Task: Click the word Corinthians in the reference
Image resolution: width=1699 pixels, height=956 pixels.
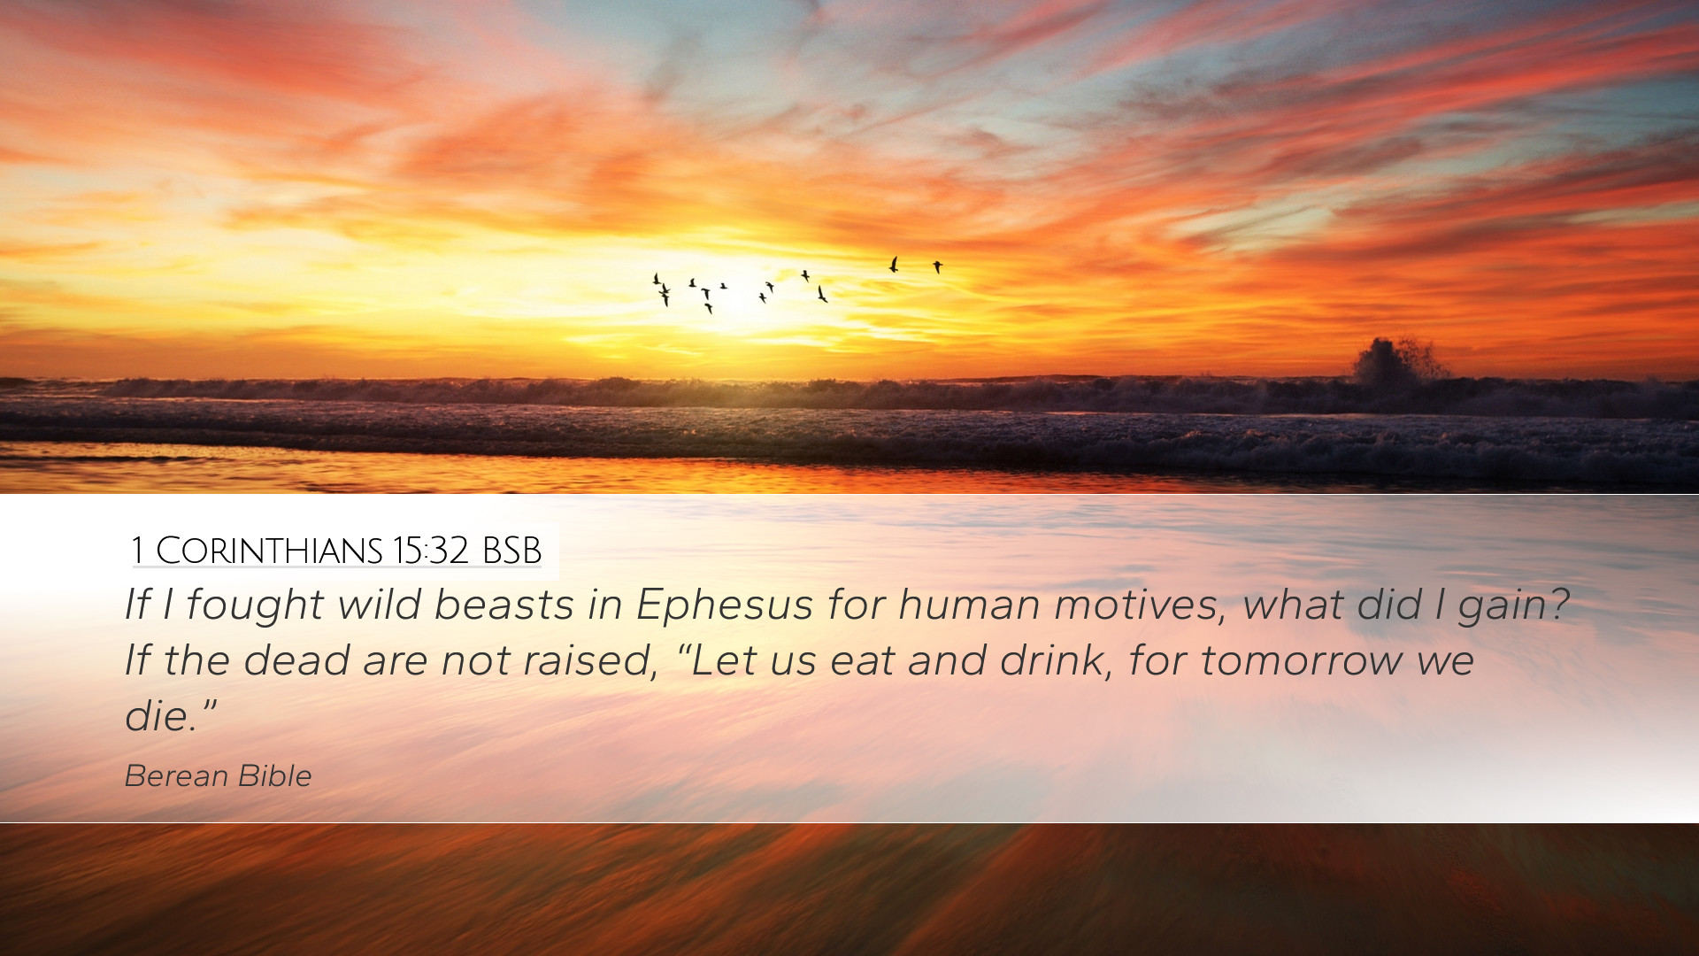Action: (269, 551)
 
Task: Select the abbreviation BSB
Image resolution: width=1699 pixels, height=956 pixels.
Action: (512, 551)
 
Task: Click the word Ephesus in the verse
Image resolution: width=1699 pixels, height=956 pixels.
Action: (724, 605)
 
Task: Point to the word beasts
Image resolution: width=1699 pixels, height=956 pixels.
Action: (504, 605)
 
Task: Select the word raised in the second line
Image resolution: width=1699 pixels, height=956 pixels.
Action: (588, 661)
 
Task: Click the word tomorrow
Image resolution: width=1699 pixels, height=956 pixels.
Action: (1302, 661)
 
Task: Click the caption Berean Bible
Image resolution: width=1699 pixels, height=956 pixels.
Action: (218, 775)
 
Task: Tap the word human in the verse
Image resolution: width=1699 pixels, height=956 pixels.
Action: (969, 605)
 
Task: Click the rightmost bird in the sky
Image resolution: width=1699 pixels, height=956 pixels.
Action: (937, 266)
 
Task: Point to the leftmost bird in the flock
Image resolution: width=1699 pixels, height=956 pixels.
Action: (656, 279)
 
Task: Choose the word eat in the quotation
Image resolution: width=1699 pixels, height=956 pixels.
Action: (862, 661)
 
